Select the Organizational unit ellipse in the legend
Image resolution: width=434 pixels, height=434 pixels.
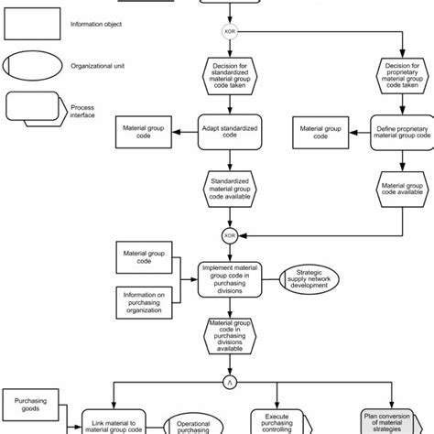click(x=33, y=67)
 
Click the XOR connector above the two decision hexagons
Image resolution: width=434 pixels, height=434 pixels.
click(x=230, y=31)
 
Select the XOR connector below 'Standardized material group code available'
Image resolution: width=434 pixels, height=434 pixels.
click(x=230, y=234)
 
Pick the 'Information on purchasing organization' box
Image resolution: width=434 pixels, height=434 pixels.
click(x=142, y=301)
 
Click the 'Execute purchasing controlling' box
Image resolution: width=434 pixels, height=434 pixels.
click(x=288, y=419)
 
